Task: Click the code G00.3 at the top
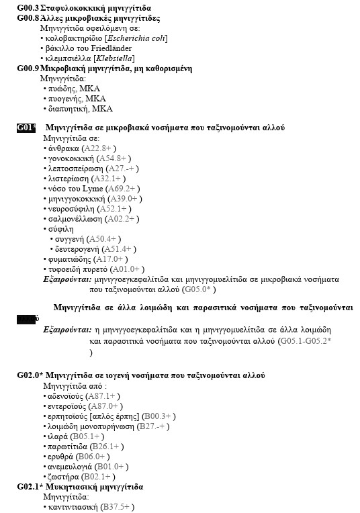point(28,7)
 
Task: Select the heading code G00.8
point(28,17)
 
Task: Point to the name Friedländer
point(113,48)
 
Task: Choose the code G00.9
point(28,68)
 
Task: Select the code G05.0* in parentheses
point(199,289)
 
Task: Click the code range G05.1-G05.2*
point(304,341)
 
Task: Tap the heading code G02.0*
point(30,375)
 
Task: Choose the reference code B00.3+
point(155,416)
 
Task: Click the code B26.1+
point(105,446)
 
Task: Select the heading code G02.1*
point(30,486)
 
